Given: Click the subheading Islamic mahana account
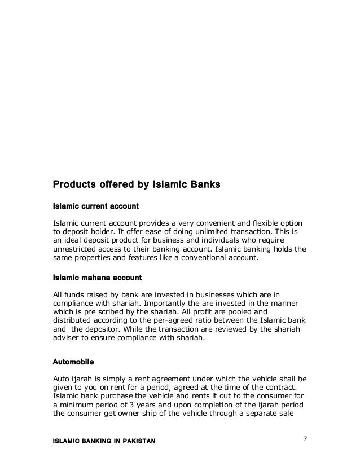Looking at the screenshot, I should (x=96, y=278).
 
